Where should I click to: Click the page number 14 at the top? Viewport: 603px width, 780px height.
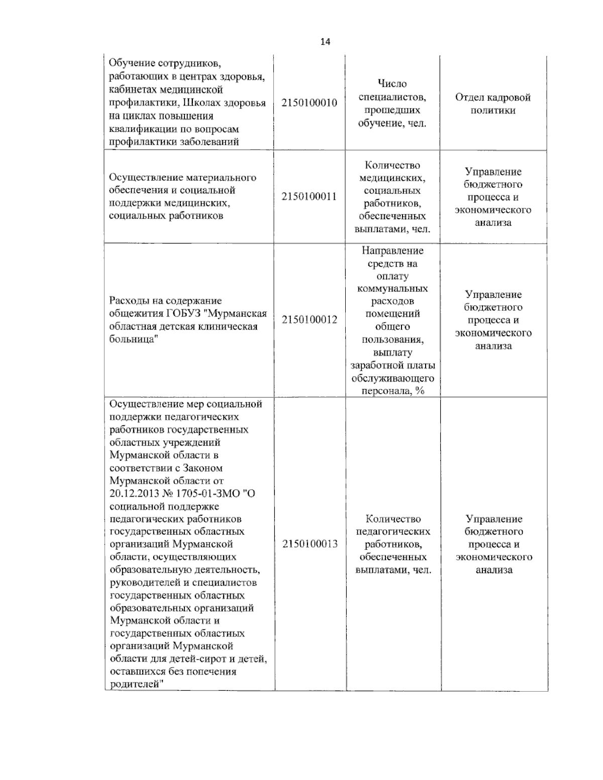pyautogui.click(x=325, y=42)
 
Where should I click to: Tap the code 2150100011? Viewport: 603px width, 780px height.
pyautogui.click(x=309, y=196)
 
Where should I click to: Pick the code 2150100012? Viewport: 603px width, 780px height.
pyautogui.click(x=309, y=320)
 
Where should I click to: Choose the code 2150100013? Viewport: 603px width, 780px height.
pyautogui.click(x=310, y=544)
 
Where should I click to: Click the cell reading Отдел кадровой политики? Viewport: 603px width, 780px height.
pyautogui.click(x=492, y=103)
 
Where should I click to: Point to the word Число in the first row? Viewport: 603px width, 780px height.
pyautogui.click(x=392, y=84)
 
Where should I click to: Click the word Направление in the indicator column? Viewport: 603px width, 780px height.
pyautogui.click(x=392, y=251)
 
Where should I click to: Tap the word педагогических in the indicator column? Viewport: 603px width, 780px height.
pyautogui.click(x=392, y=531)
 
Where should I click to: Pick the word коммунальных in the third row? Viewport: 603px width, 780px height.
pyautogui.click(x=392, y=289)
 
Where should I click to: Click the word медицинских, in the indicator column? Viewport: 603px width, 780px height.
pyautogui.click(x=392, y=178)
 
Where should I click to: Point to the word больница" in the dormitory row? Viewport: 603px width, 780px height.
pyautogui.click(x=131, y=340)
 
